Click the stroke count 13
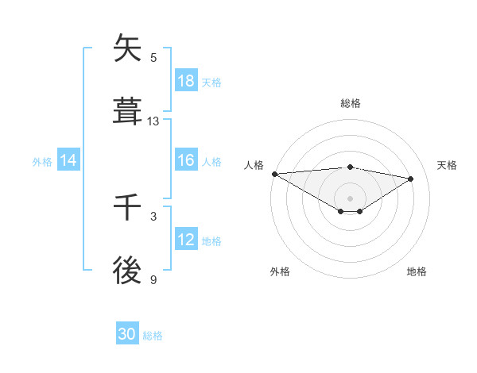pyautogui.click(x=153, y=121)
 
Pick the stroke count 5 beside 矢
pyautogui.click(x=153, y=57)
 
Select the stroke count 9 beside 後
pyautogui.click(x=153, y=280)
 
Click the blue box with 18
pyautogui.click(x=186, y=80)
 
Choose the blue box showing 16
pyautogui.click(x=186, y=160)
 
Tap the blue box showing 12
pyautogui.click(x=186, y=240)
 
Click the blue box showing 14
pyautogui.click(x=68, y=160)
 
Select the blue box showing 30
pyautogui.click(x=127, y=334)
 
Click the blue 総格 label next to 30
pyautogui.click(x=153, y=336)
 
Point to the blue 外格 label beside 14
pyautogui.click(x=42, y=162)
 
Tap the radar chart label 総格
pyautogui.click(x=350, y=103)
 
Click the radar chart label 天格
pyautogui.click(x=447, y=165)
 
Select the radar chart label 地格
pyautogui.click(x=417, y=271)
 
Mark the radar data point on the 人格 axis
pyautogui.click(x=274, y=174)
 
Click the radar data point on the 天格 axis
pyautogui.click(x=411, y=179)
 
